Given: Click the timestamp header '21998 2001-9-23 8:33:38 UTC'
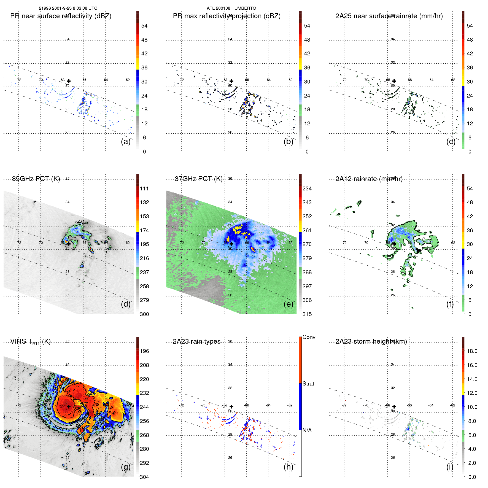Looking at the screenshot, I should click(68, 8).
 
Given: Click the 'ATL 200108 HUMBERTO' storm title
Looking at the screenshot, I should click(231, 8).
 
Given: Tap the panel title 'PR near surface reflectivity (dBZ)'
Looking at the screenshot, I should click(61, 16).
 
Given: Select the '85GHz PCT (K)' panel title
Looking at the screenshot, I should click(36, 179).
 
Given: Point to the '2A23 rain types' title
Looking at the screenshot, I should click(196, 341).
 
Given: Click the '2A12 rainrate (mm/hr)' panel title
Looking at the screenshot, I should click(369, 179).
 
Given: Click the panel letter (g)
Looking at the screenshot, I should click(126, 467).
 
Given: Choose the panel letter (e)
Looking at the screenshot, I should click(288, 304).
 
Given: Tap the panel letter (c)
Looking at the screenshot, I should click(451, 142).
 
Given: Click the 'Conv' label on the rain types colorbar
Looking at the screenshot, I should click(309, 337).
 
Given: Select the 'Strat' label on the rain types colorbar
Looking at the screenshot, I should click(308, 384).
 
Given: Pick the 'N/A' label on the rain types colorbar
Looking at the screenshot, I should click(307, 430).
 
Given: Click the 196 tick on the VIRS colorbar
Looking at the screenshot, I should click(144, 351).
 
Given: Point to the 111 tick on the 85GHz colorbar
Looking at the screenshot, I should click(144, 188).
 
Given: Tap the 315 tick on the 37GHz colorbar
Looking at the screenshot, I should click(307, 314).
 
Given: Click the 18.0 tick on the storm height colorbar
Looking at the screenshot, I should click(472, 351).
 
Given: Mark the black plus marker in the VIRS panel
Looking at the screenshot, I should click(69, 406).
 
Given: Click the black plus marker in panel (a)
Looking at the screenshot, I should click(69, 81).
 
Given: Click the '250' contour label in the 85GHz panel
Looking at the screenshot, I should click(80, 223).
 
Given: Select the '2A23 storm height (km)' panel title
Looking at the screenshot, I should click(371, 341).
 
